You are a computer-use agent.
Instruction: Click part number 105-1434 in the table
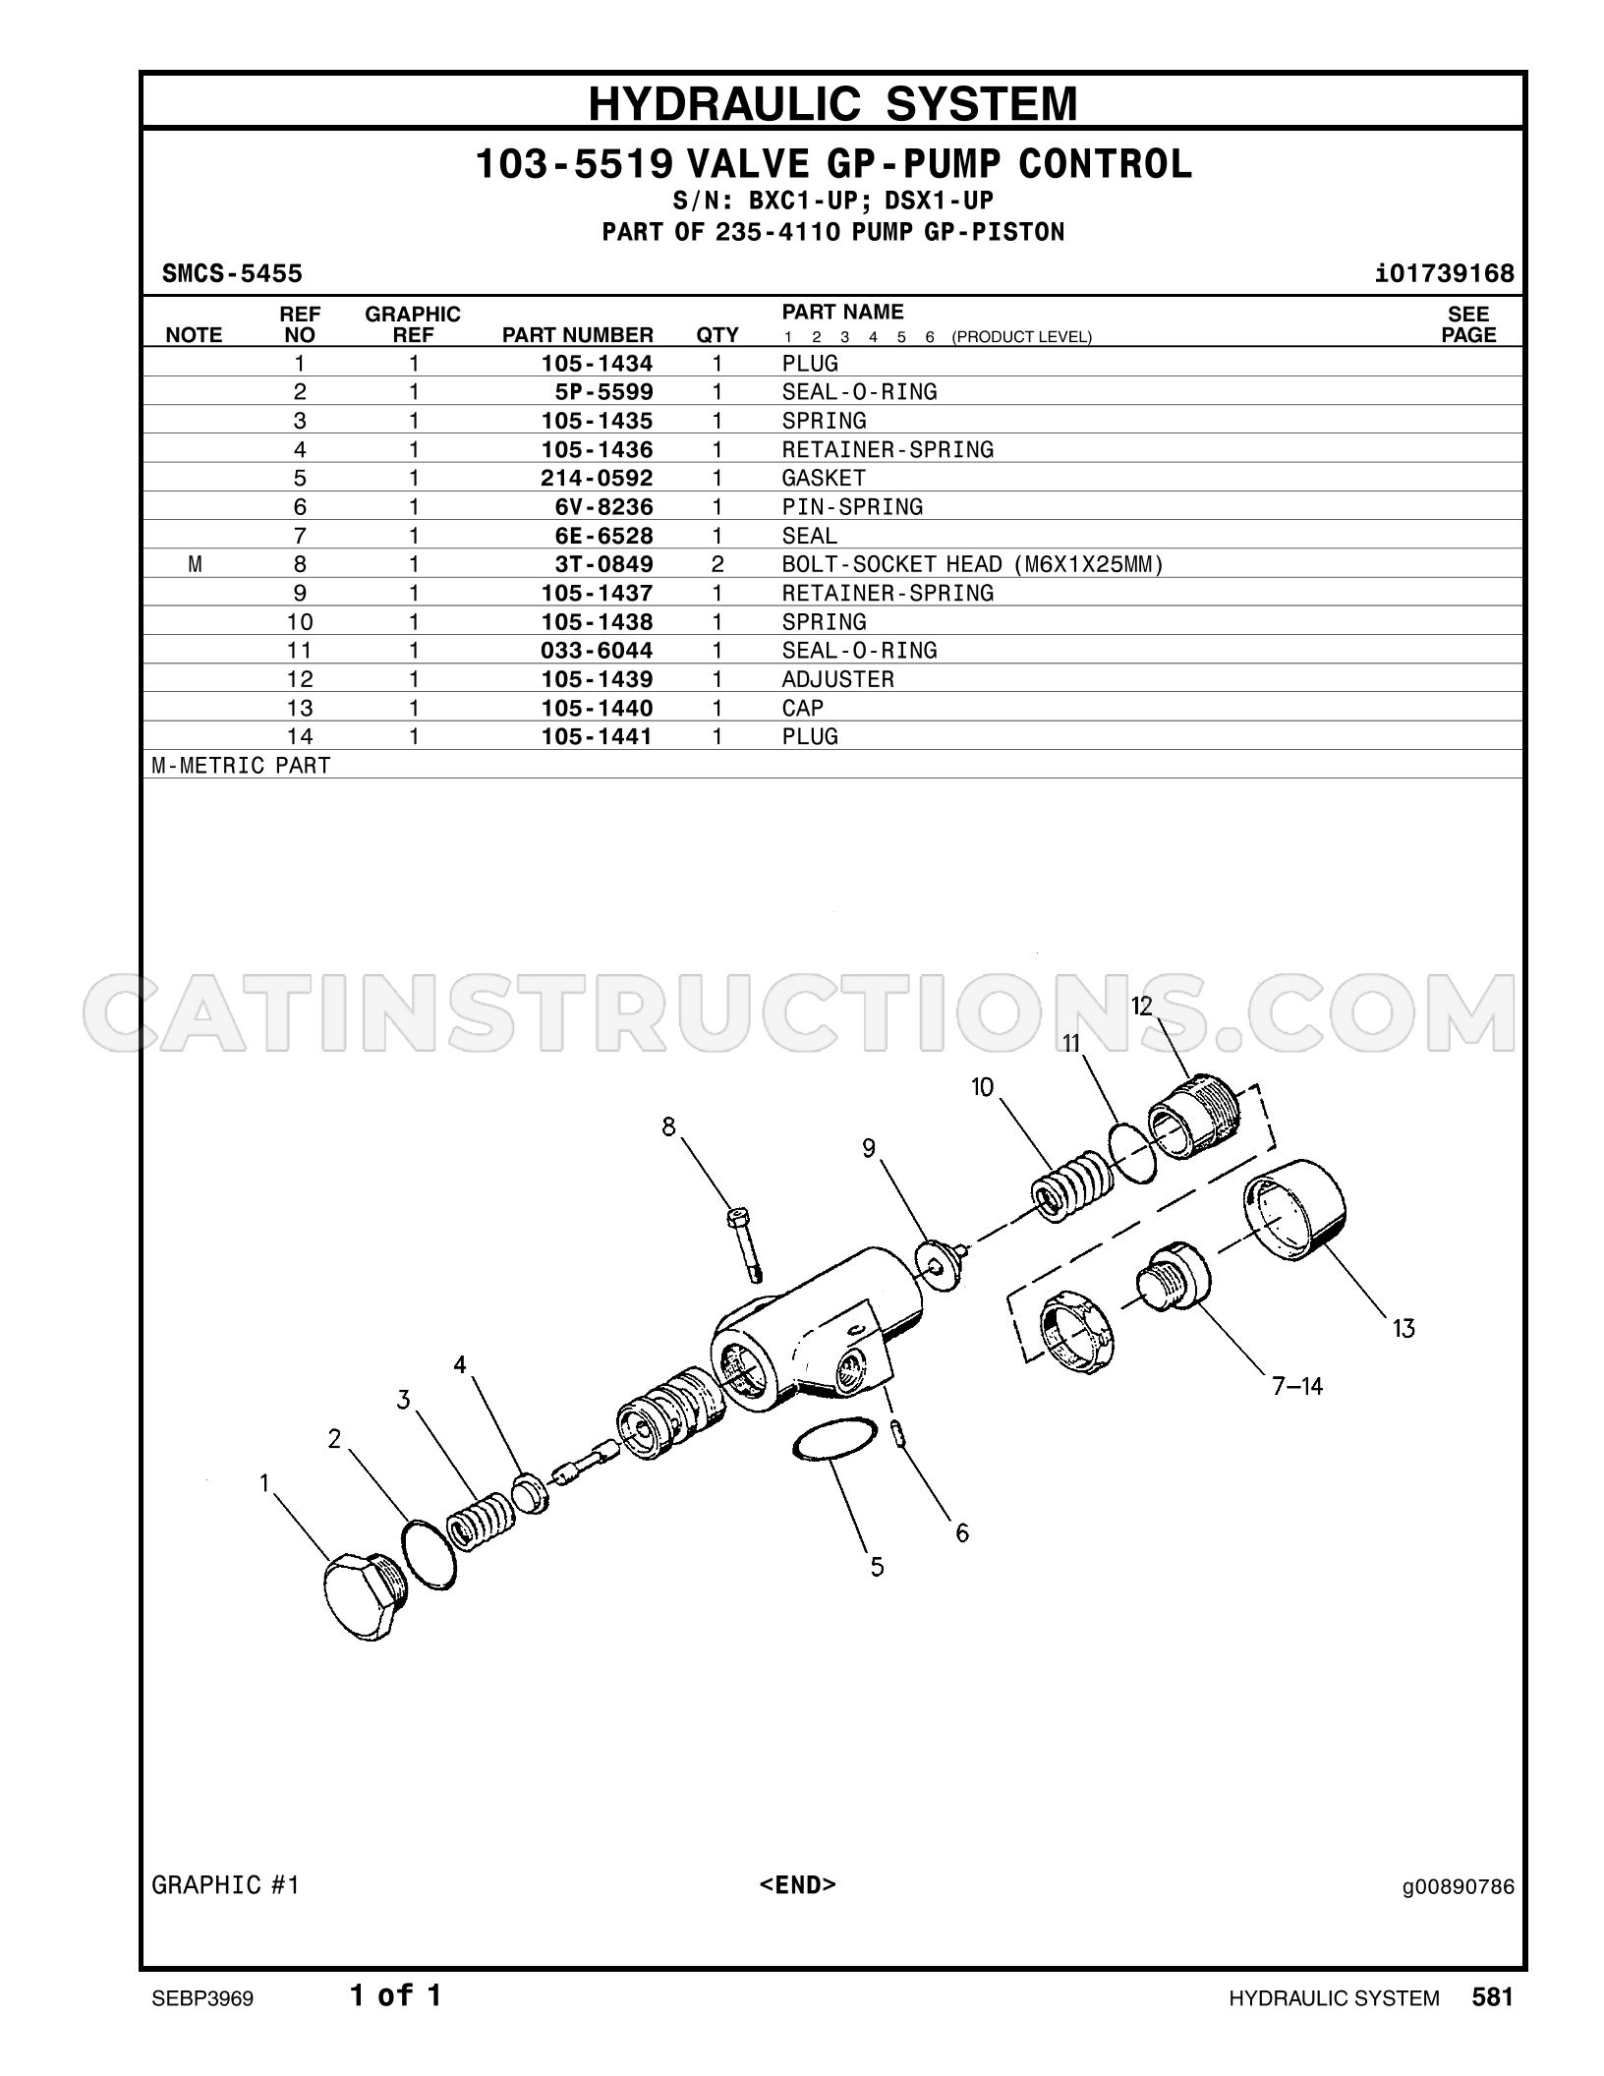(597, 364)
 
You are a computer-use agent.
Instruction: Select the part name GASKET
(824, 479)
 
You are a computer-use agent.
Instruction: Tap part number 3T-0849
(604, 564)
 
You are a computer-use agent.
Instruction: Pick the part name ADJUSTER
(838, 679)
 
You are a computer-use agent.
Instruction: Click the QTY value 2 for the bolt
(717, 564)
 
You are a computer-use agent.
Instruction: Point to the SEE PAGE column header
(1468, 324)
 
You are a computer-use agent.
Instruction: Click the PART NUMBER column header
(578, 335)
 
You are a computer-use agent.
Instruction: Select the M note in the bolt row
(195, 564)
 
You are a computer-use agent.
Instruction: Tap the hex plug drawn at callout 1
(365, 1596)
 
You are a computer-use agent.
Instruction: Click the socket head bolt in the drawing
(746, 1244)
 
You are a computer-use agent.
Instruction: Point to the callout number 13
(1403, 1329)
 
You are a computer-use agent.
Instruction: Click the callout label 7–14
(1297, 1386)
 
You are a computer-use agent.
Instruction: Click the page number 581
(1492, 1996)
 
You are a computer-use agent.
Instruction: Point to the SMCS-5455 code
(232, 273)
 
